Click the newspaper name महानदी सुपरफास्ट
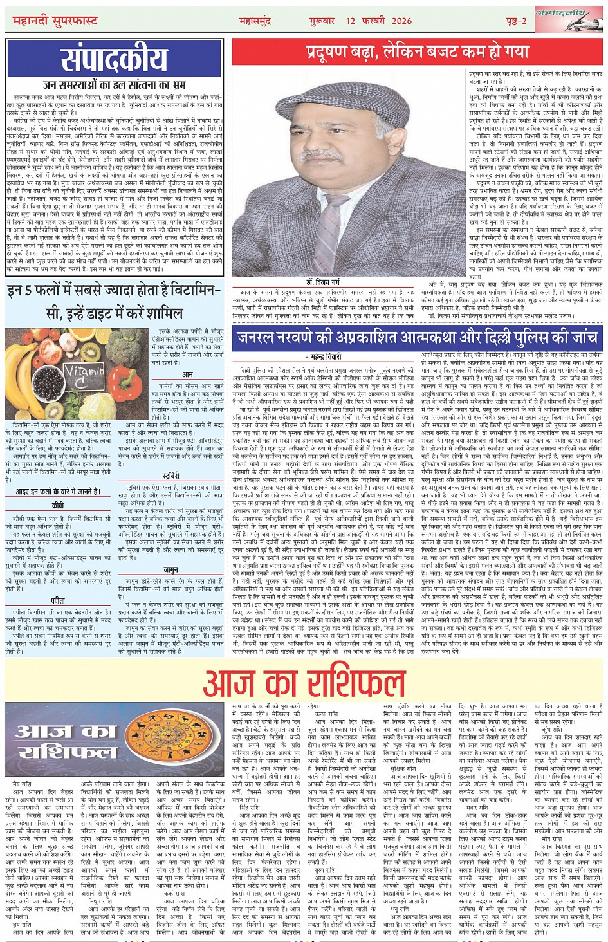tap(55, 21)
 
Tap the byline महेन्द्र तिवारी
tap(327, 356)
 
